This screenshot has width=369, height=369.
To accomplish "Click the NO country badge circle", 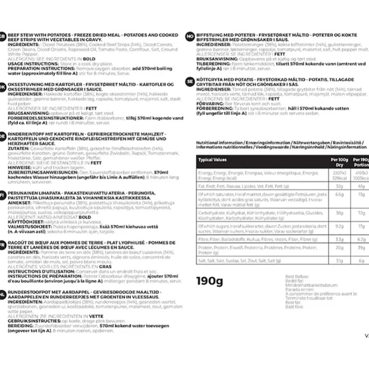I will point(190,37).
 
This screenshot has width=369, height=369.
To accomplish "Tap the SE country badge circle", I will point(190,82).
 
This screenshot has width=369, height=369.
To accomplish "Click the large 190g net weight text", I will point(210,281).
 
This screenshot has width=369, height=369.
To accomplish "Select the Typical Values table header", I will point(212,160).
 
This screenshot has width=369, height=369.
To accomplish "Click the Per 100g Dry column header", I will point(339,162).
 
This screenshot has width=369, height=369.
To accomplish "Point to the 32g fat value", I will point(339,186).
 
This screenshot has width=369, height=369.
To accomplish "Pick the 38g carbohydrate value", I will point(339,213).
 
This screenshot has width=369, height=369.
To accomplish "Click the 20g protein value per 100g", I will point(339,248).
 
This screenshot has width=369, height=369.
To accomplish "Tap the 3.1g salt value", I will point(339,261).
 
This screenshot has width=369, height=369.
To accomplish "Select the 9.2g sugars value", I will point(339,226).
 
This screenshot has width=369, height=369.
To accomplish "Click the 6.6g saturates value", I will point(339,195).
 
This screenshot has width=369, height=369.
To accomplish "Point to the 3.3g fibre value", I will point(339,239).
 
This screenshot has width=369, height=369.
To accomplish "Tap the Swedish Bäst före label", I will point(294,307).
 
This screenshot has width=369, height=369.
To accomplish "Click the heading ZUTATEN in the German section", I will point(18,148).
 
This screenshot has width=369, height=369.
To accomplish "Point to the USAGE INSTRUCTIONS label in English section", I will point(33,64).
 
